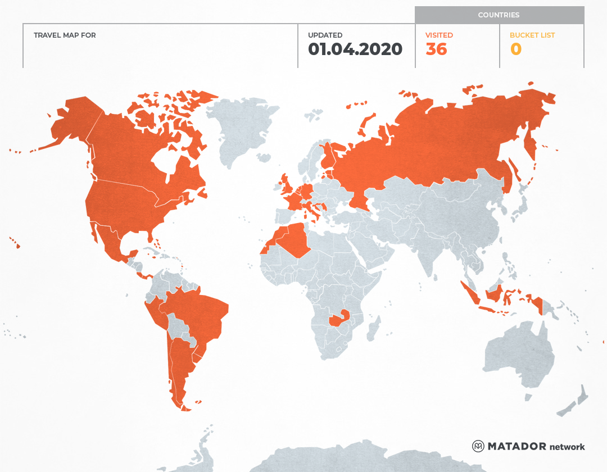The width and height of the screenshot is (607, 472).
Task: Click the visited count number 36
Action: coord(436,49)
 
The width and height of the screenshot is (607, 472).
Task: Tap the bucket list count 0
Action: coord(515,49)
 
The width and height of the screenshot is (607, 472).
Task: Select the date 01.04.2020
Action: coord(355,49)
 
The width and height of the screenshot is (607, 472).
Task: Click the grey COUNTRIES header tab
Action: coord(499,15)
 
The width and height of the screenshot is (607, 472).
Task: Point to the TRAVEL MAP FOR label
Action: coord(65,35)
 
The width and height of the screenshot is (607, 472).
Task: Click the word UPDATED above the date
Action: coord(325,35)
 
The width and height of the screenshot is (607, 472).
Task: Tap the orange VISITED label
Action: coord(439,35)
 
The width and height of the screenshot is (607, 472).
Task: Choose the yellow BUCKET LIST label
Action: coord(532,35)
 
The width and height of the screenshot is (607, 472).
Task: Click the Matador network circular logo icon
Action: coord(478,446)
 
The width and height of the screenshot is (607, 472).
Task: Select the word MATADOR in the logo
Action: coord(517,446)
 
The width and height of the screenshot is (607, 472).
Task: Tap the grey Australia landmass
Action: coord(517,354)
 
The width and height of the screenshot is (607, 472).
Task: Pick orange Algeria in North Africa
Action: coord(292,239)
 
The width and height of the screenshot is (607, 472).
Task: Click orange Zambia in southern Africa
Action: coord(339,319)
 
